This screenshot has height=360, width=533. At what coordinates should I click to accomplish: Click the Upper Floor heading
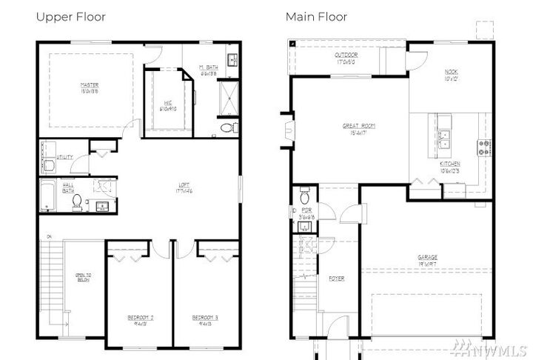70,16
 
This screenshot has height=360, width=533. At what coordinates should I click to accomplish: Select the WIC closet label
168,105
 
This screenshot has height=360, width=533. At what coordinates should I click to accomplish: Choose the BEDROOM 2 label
140,319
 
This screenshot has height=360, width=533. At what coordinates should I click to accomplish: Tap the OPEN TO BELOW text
84,279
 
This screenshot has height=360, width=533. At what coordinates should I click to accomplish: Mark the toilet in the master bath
227,127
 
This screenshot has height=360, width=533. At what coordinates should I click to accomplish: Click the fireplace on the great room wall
286,132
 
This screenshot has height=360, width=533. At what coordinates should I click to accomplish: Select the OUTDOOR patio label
346,57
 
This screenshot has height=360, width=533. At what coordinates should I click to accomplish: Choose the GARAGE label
427,259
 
